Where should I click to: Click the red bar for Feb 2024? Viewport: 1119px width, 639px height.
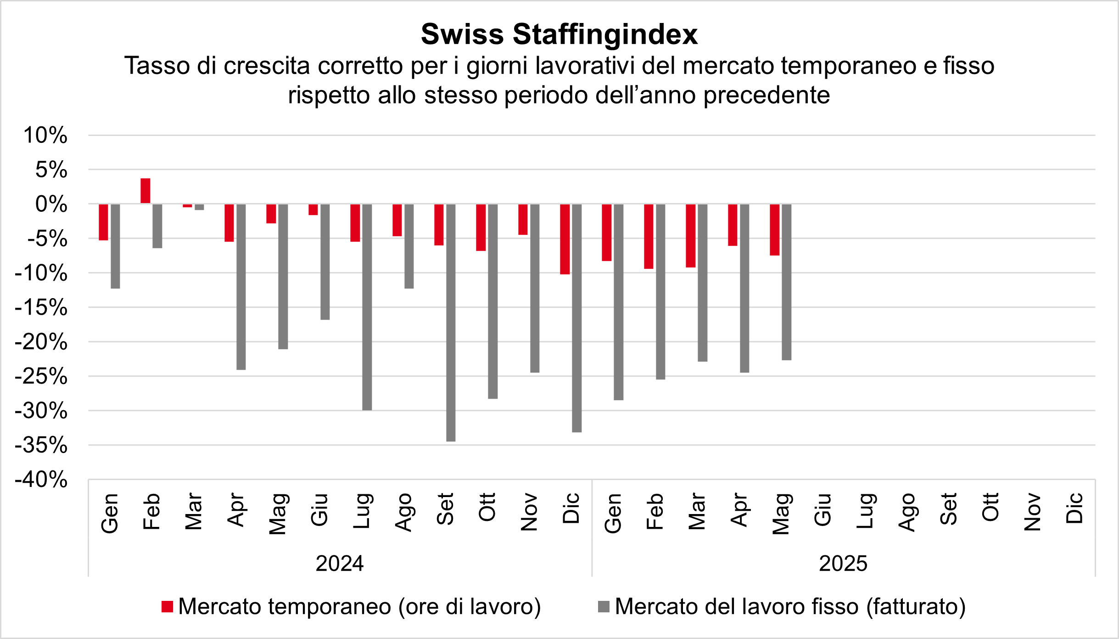pos(145,191)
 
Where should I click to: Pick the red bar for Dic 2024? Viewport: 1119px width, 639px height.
pos(565,239)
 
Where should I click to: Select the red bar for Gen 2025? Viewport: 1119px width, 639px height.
pos(607,232)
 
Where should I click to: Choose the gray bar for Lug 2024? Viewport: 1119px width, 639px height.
pos(367,307)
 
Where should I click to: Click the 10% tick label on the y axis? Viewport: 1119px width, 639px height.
pos(45,136)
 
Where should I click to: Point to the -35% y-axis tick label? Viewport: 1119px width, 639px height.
pos(41,445)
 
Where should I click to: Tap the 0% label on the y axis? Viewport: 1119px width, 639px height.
pos(51,204)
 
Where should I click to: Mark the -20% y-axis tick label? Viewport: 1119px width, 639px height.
pos(41,342)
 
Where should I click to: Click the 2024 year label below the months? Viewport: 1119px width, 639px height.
pos(340,564)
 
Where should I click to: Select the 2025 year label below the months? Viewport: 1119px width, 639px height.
pos(843,564)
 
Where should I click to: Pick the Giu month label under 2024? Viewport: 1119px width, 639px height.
pos(319,509)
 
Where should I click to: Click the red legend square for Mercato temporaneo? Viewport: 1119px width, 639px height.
pos(168,607)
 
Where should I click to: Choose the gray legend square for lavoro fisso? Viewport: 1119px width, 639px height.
pos(604,607)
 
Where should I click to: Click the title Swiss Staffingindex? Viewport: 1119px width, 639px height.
pos(559,34)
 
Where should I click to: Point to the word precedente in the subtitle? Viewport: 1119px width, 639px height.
pos(767,96)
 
